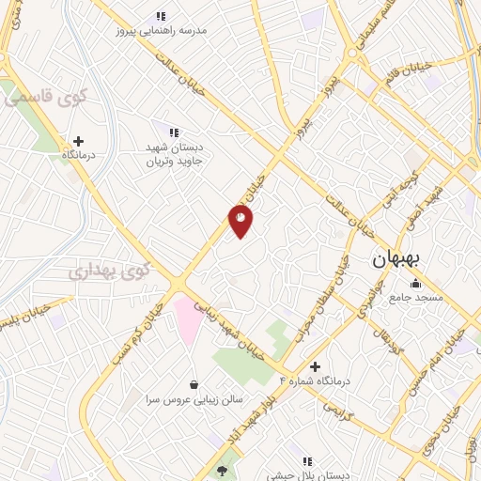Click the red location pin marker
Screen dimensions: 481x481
241,221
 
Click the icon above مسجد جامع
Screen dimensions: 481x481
415,283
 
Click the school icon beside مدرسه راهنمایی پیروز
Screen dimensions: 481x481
161,16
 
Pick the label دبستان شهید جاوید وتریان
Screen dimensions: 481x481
180,154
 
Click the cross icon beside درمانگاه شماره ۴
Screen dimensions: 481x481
315,365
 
